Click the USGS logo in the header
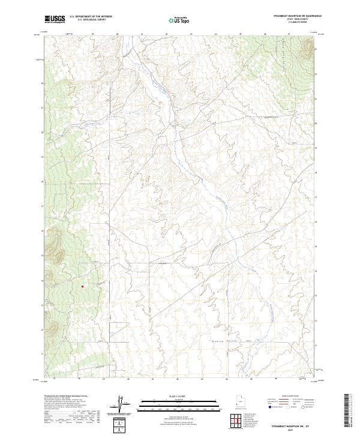(x=55, y=19)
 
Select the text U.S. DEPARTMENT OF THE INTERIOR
(x=91, y=17)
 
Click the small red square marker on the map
(x=82, y=286)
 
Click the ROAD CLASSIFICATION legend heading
(x=290, y=396)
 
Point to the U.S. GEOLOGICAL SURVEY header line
(x=91, y=20)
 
